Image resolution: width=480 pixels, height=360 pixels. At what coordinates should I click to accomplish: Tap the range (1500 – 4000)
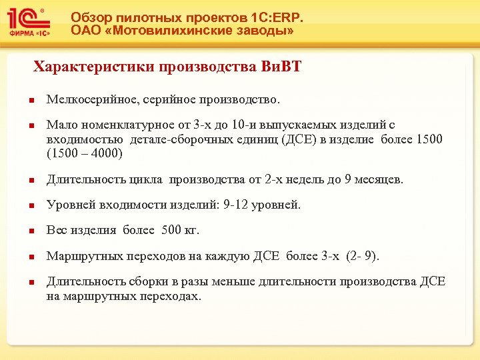[85, 153]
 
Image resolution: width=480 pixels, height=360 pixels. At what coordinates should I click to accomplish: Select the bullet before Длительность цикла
[31, 181]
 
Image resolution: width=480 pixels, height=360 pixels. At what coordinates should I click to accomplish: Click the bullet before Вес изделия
[31, 231]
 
